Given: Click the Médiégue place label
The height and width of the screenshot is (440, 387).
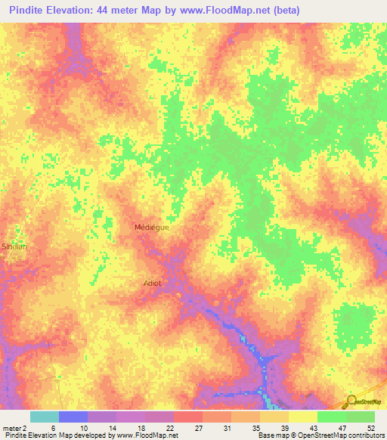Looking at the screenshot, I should [x=151, y=227].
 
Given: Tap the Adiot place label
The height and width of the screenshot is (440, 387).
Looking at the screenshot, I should [x=152, y=284].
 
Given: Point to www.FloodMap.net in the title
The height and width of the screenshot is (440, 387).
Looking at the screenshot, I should [x=224, y=11].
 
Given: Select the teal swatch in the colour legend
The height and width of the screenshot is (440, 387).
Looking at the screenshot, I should [x=45, y=417].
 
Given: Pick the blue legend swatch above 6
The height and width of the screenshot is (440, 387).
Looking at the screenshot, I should [x=73, y=417].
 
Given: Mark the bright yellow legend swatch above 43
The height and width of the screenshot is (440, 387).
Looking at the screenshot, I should [x=303, y=417].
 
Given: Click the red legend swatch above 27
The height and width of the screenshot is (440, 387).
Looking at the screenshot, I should [x=188, y=417].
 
